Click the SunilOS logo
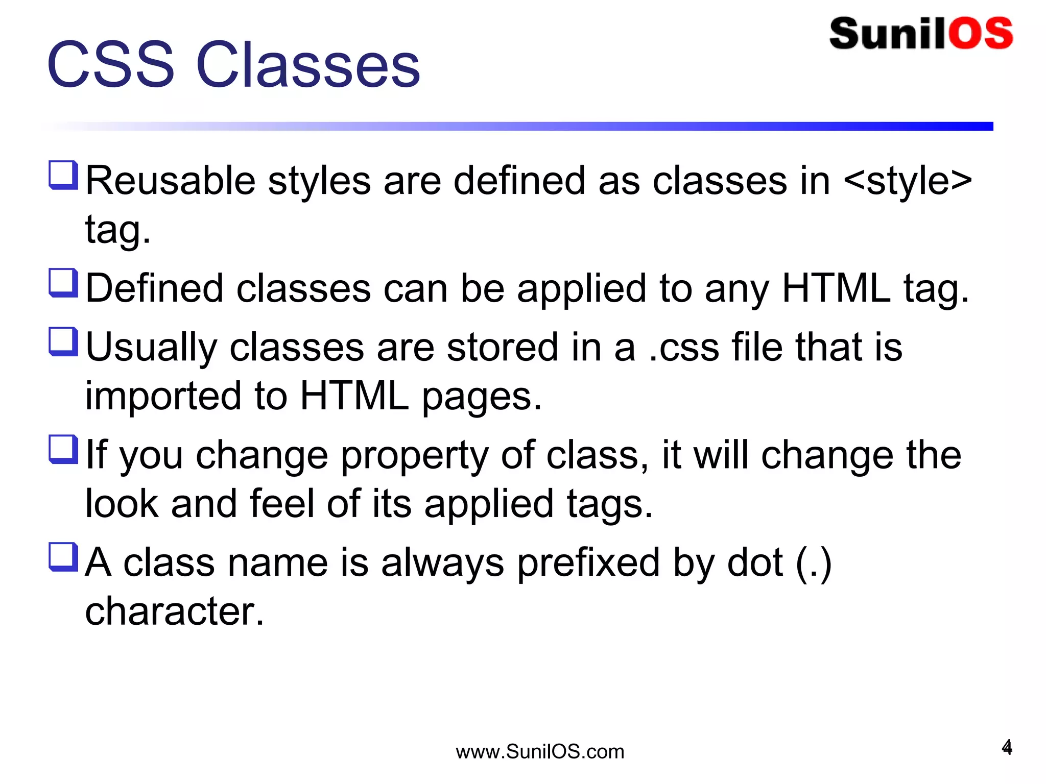(921, 34)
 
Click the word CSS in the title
(110, 65)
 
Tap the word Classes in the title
(308, 65)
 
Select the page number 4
(1007, 747)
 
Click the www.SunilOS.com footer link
(540, 752)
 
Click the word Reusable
(170, 181)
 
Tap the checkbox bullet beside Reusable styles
(63, 175)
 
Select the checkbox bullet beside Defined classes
(63, 283)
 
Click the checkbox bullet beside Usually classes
(63, 341)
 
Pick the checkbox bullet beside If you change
(63, 449)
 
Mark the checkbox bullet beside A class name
(63, 557)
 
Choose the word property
(414, 455)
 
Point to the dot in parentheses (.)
(814, 563)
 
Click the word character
(174, 611)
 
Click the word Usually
(151, 348)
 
